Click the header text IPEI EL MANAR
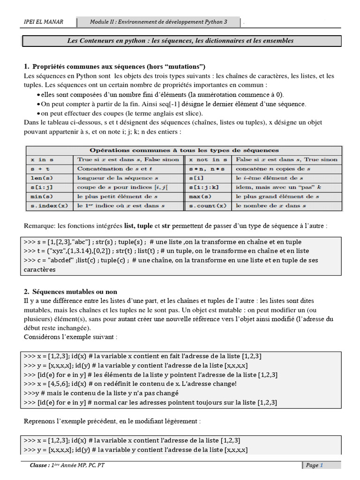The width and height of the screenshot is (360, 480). [44, 22]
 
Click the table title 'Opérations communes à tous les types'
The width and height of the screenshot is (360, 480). [184, 150]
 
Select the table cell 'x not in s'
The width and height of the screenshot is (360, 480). [204, 159]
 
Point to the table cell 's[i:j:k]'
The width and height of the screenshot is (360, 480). [203, 187]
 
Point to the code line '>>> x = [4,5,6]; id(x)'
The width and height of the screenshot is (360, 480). [130, 384]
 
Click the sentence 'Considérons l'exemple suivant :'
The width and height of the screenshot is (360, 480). [70, 337]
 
